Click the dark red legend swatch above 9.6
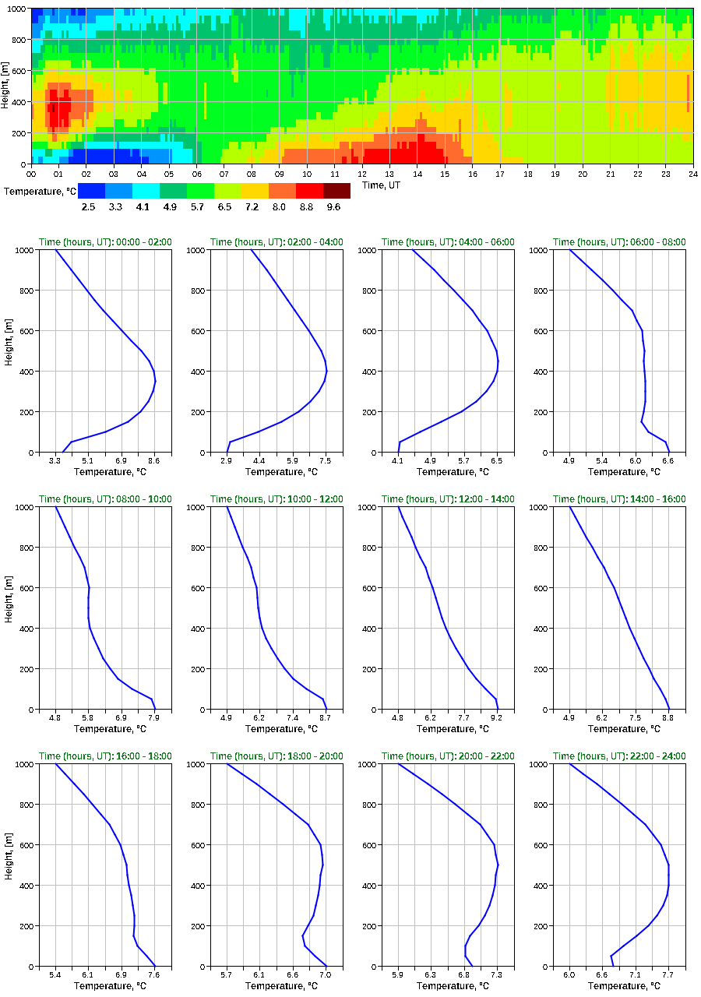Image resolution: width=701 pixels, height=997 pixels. click(x=336, y=191)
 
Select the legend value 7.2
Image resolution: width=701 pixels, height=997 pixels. click(x=255, y=207)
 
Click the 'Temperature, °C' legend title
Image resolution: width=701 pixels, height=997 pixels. click(x=40, y=191)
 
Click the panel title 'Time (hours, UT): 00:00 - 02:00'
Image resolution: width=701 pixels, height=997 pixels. click(x=105, y=242)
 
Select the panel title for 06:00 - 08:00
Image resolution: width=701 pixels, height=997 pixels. click(x=619, y=242)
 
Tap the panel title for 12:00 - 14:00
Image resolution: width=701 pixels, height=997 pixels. click(x=448, y=499)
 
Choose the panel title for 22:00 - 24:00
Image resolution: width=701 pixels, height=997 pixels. click(x=619, y=756)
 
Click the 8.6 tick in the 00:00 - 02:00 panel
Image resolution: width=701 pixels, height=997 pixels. click(x=154, y=461)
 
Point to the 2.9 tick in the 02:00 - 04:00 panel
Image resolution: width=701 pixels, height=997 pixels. click(x=227, y=461)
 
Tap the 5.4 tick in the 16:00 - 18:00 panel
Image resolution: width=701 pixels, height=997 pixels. click(x=55, y=975)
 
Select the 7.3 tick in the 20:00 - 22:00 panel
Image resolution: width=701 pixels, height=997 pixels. click(x=496, y=975)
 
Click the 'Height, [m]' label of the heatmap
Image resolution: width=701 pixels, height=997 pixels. click(x=6, y=85)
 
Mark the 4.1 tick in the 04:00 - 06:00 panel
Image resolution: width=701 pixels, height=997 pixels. click(x=398, y=461)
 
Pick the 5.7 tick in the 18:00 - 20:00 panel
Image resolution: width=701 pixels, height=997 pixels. click(x=227, y=975)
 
